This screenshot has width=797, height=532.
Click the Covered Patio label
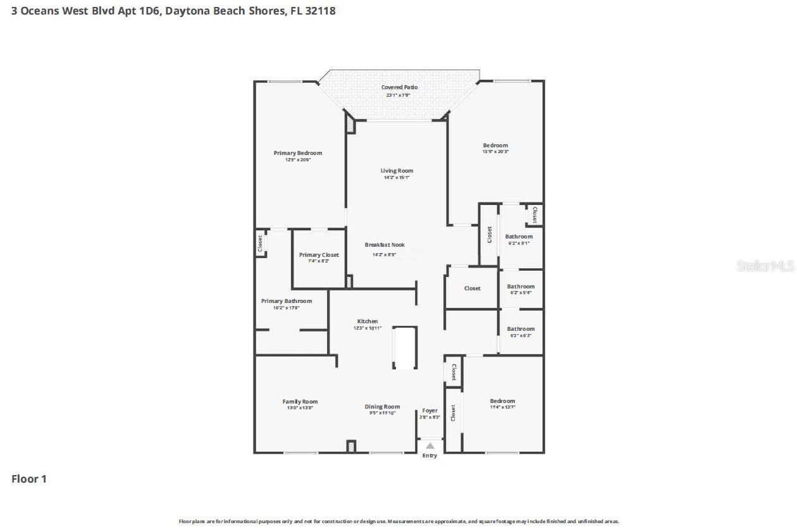point(399,87)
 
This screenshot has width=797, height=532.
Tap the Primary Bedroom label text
point(297,153)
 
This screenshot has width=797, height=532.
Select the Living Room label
point(397,171)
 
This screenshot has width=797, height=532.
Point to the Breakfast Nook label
point(385,245)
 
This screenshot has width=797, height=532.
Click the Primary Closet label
point(319,255)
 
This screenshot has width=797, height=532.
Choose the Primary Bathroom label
point(286,301)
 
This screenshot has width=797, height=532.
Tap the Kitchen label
point(368,321)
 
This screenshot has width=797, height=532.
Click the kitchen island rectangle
point(405,347)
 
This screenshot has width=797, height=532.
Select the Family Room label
point(300,402)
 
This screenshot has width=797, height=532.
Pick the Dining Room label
point(382,407)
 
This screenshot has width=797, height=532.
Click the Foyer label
point(429,411)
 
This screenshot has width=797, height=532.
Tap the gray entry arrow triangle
point(430,446)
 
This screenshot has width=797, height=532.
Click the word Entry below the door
point(429,455)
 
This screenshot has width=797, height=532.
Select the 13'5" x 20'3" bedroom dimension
point(495,152)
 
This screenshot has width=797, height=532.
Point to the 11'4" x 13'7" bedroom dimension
point(502,407)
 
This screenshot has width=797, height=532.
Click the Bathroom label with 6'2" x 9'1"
point(519,237)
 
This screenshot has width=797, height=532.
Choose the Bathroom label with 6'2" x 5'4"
point(521,287)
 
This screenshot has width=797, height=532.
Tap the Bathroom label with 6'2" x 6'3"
point(521,329)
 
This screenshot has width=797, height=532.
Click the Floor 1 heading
point(29,479)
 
